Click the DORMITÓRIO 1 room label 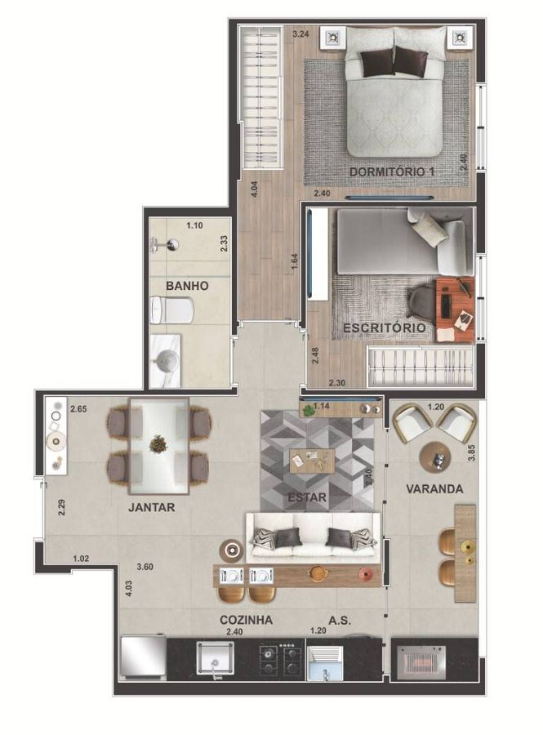(x=392, y=171)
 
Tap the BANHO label (x=187, y=286)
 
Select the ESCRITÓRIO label (x=385, y=327)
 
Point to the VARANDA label (x=434, y=489)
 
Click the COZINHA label (x=246, y=620)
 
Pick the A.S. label (x=340, y=620)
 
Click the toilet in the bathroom (x=171, y=310)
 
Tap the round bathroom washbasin (x=167, y=361)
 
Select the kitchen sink (x=216, y=658)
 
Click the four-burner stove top (x=280, y=658)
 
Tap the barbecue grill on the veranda (x=421, y=661)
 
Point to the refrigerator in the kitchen (x=143, y=657)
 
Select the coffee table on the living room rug (x=312, y=461)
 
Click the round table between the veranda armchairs (x=434, y=457)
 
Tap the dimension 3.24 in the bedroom (x=300, y=33)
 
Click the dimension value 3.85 (x=471, y=452)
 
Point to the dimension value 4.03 (x=128, y=589)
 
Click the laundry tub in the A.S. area (x=325, y=663)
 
